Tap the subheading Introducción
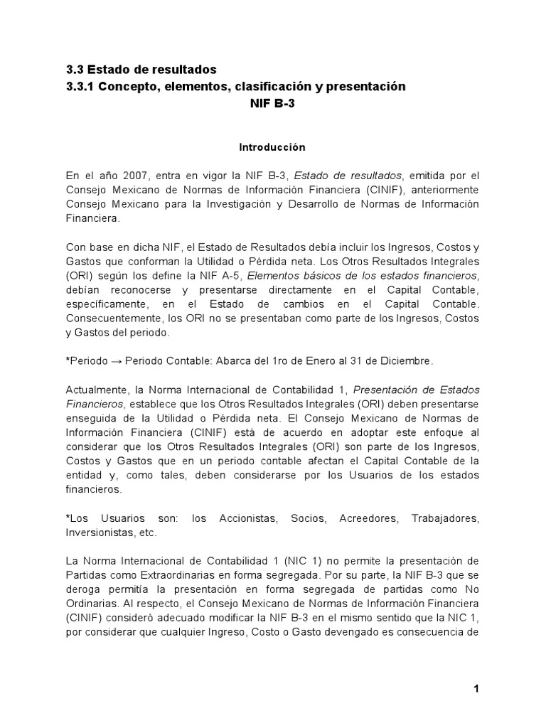click(271, 147)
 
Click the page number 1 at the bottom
click(476, 688)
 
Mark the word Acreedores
click(363, 518)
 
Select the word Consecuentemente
click(111, 318)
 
